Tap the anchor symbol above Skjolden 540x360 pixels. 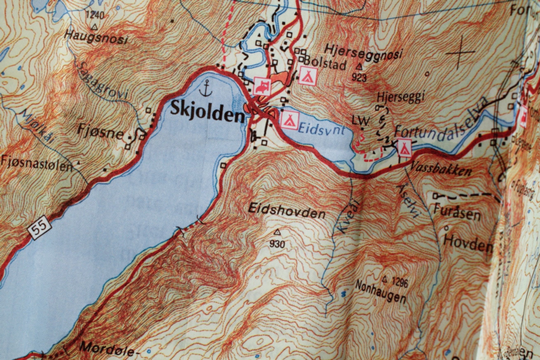pyautogui.click(x=205, y=88)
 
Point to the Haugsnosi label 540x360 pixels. pyautogui.click(x=96, y=37)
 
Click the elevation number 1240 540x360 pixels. pyautogui.click(x=94, y=16)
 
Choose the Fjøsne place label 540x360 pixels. pyautogui.click(x=100, y=133)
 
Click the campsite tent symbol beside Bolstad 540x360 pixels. pyautogui.click(x=308, y=75)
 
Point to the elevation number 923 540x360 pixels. pyautogui.click(x=359, y=77)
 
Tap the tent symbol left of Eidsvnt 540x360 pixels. pyautogui.click(x=290, y=120)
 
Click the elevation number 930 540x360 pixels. pyautogui.click(x=277, y=244)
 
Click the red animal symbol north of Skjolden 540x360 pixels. pyautogui.click(x=262, y=86)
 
